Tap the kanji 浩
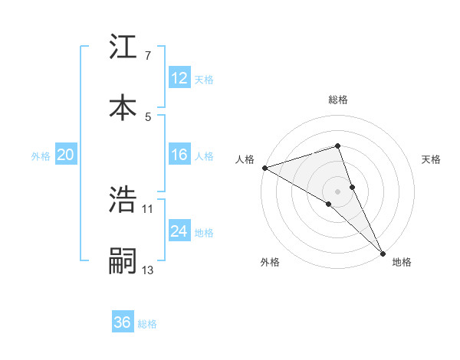coord(123,200)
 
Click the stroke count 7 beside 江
coord(148,56)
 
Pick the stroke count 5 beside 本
coord(148,116)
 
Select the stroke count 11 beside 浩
coord(148,208)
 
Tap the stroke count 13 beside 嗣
coord(148,270)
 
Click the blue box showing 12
coord(179,78)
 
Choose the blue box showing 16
coord(179,155)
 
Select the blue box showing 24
coord(179,231)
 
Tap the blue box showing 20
coord(66,155)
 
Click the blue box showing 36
coord(123,322)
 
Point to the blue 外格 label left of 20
coord(41,155)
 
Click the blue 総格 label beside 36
coord(147,324)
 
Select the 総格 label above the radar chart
coord(338,100)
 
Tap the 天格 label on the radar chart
coord(432,159)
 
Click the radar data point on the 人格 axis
coord(264,168)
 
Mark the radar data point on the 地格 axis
coord(383,252)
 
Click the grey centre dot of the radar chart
coord(338,190)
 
